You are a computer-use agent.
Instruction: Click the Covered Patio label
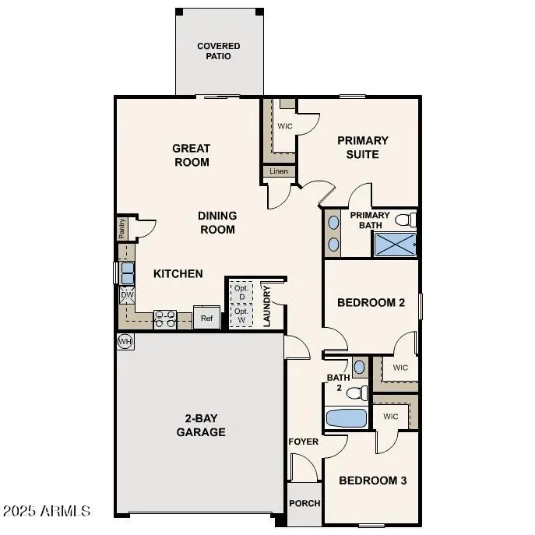coord(218,51)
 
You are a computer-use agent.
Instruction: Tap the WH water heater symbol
coord(125,341)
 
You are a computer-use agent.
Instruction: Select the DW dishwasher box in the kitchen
coord(126,296)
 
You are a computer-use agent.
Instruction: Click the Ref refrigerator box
coord(206,318)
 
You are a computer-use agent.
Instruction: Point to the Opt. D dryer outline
coord(241,292)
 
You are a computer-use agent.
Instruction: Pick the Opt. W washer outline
coord(241,315)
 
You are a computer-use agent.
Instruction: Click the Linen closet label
coord(279,171)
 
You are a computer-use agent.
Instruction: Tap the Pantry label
coord(121,228)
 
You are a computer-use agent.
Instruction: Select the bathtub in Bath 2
coord(346,418)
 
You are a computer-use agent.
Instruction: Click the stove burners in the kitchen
coord(165,318)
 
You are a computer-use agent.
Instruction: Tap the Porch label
coord(304,503)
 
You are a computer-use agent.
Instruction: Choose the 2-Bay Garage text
coord(201,425)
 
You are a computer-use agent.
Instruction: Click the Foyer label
coord(304,442)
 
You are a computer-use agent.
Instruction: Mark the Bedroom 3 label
coord(372,480)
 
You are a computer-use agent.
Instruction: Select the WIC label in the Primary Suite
coord(284,125)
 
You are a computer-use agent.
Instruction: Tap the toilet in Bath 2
coord(357,392)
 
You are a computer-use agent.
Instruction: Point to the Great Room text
coord(192,155)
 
